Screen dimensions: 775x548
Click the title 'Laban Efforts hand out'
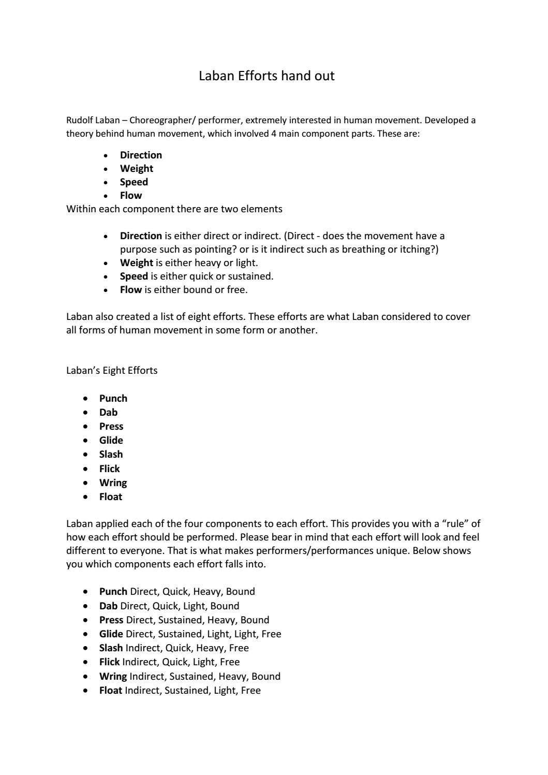(x=266, y=76)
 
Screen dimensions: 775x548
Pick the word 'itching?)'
(x=419, y=250)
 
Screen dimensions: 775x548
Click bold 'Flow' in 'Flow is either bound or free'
(x=130, y=290)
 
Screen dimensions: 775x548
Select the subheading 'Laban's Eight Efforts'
(x=112, y=371)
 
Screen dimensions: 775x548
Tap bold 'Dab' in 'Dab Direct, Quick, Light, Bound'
(x=108, y=606)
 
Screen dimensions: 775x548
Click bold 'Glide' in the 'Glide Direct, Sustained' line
(x=111, y=634)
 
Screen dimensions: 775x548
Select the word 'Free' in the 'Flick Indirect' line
(x=230, y=662)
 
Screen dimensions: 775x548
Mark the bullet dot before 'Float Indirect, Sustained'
(x=85, y=691)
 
